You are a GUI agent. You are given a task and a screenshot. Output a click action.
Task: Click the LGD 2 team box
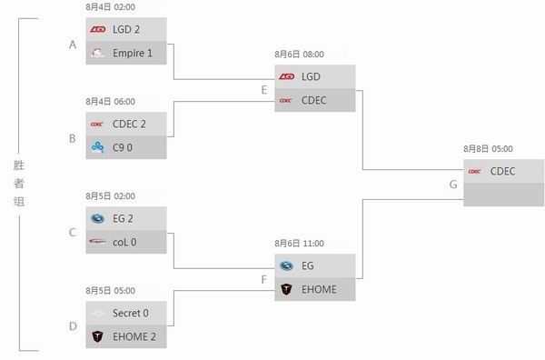point(127,29)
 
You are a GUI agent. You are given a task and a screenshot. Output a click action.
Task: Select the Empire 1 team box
point(127,53)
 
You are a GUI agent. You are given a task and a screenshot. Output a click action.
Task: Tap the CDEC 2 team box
point(127,124)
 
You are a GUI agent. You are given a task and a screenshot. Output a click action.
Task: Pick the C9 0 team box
point(127,147)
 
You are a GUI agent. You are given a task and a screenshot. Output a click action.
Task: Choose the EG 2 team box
point(127,218)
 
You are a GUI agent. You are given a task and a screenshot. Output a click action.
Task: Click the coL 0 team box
point(127,242)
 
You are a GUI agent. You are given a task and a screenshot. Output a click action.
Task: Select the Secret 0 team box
point(127,313)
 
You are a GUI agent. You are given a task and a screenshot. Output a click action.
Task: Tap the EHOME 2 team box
point(127,336)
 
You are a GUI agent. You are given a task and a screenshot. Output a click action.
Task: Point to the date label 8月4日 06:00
point(110,102)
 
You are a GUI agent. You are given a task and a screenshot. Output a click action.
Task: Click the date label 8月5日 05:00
point(110,291)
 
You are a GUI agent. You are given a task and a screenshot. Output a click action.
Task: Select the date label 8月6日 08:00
point(299,54)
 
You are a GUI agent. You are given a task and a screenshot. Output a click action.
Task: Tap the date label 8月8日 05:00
point(487,147)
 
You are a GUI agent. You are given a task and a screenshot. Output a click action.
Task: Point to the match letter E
point(263,90)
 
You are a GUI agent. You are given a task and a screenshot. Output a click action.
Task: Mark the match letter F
point(263,279)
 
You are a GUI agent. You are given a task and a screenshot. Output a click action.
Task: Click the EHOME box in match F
point(314,289)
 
